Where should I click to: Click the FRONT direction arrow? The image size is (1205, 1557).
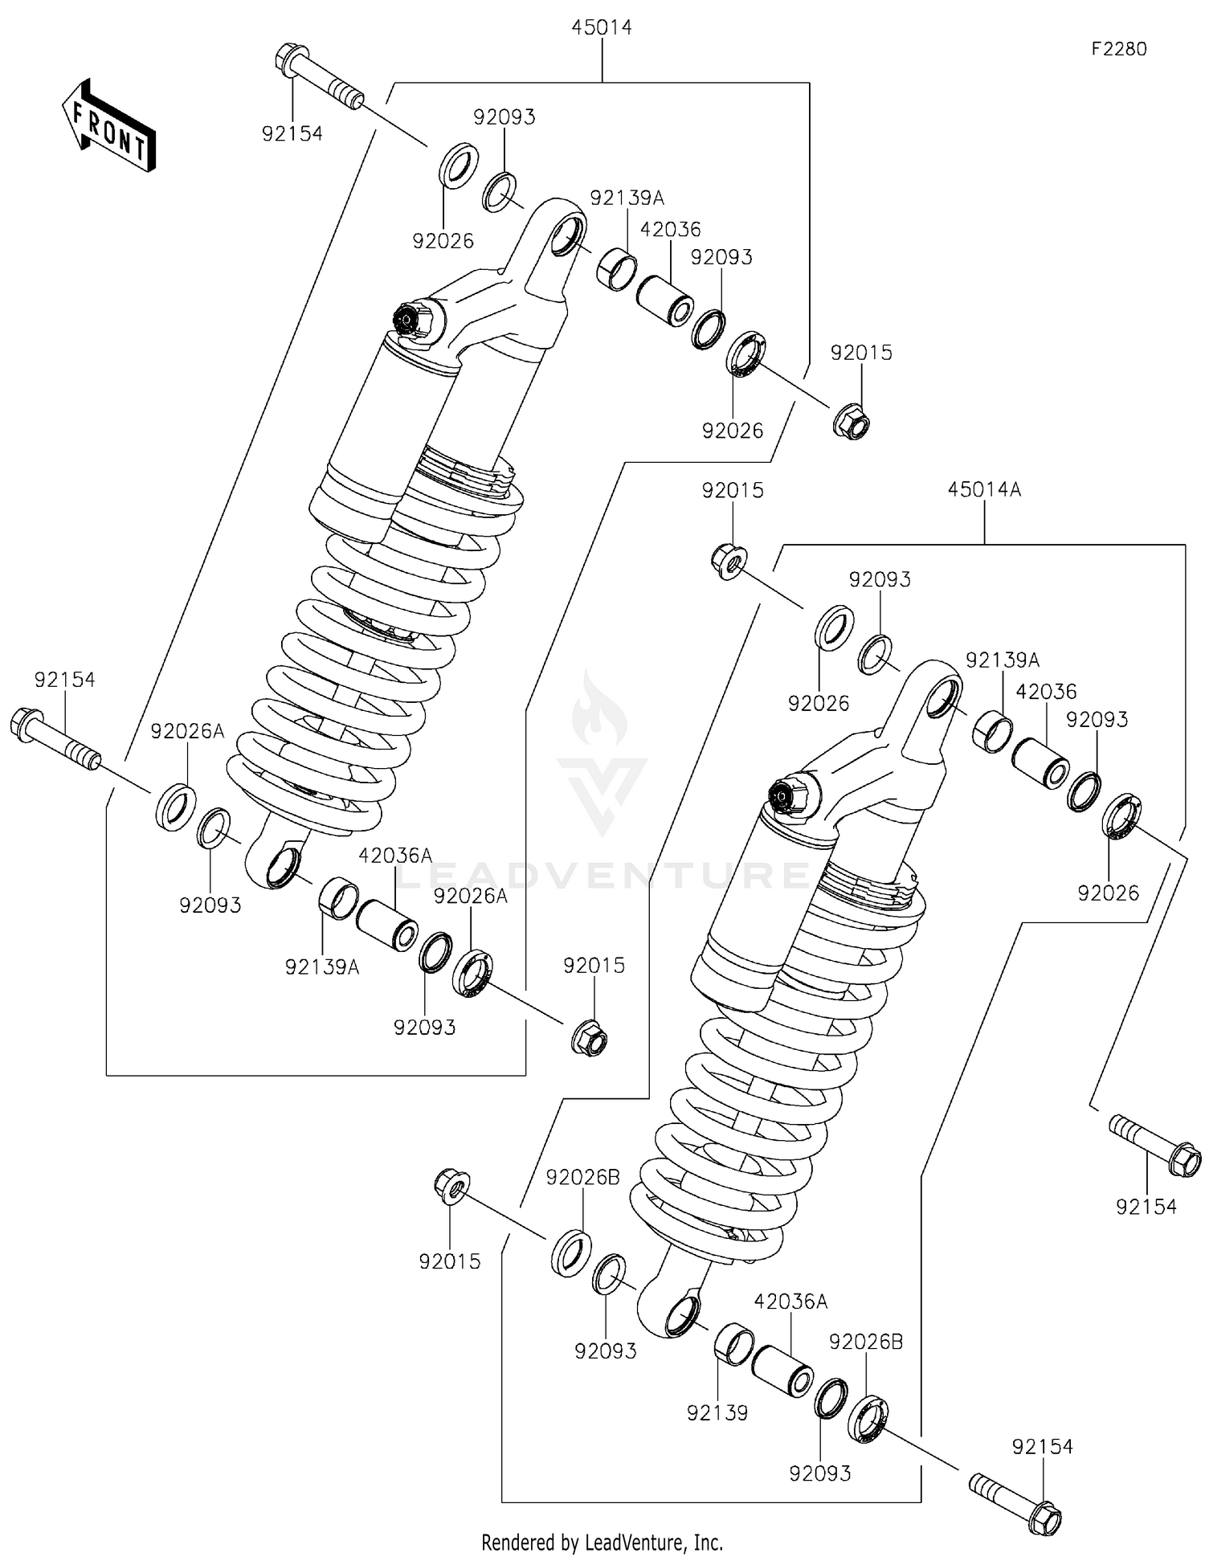(108, 125)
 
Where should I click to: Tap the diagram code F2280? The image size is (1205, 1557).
(1118, 49)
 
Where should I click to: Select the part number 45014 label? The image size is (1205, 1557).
(602, 27)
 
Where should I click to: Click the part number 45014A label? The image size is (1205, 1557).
(983, 489)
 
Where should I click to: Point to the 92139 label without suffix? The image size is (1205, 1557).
(717, 1412)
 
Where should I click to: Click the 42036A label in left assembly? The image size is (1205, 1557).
(394, 856)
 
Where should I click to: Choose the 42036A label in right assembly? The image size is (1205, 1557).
(790, 1302)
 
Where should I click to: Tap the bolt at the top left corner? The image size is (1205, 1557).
(318, 78)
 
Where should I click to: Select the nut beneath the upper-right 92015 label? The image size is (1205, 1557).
(852, 420)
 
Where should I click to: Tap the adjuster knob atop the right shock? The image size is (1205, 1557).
(780, 795)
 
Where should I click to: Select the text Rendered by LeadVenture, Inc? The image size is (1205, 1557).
(602, 1542)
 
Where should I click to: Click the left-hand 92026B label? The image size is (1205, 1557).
(582, 1178)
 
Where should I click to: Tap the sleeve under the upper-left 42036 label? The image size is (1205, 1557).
(665, 300)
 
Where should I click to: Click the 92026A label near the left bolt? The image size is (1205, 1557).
(188, 731)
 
